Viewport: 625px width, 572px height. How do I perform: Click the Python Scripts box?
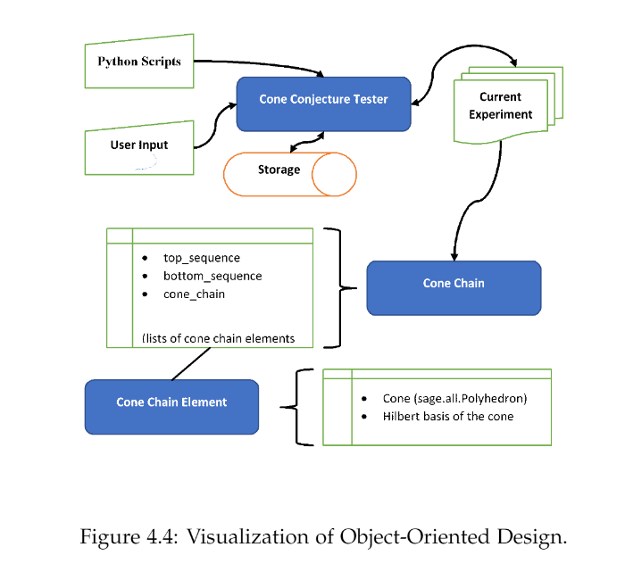click(139, 62)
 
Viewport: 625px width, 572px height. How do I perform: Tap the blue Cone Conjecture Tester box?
click(323, 100)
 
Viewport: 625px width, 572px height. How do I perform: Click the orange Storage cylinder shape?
click(287, 173)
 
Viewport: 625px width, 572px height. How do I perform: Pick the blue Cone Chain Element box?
click(171, 403)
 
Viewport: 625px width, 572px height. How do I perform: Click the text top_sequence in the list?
click(201, 258)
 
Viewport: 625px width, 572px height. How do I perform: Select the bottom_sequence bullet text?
click(212, 276)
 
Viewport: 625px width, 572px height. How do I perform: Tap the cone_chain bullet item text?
click(194, 294)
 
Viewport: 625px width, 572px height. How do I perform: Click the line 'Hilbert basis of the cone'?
click(448, 417)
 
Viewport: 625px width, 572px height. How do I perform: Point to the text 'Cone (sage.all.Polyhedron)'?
click(454, 399)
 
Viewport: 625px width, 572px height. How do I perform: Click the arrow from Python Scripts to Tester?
click(259, 63)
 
